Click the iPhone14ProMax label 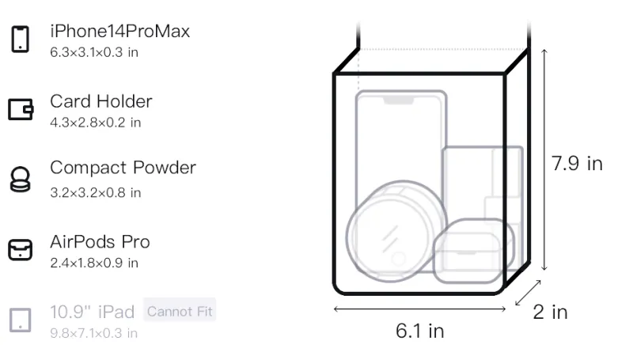pos(120,31)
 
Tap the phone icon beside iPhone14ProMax pos(21,39)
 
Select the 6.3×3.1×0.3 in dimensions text pos(94,52)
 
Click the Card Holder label pos(101,101)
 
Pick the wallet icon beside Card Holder pos(21,109)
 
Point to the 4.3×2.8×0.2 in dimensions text pos(95,123)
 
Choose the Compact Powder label pos(123,168)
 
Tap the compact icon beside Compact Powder pos(21,179)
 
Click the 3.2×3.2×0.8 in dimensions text pos(95,192)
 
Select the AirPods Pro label pos(100,242)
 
